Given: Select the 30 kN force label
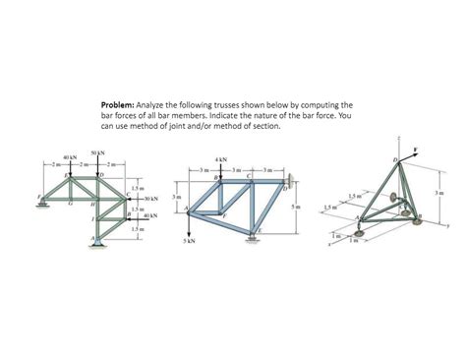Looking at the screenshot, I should pyautogui.click(x=151, y=199).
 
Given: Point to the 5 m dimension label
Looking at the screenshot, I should pyautogui.click(x=296, y=208).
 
